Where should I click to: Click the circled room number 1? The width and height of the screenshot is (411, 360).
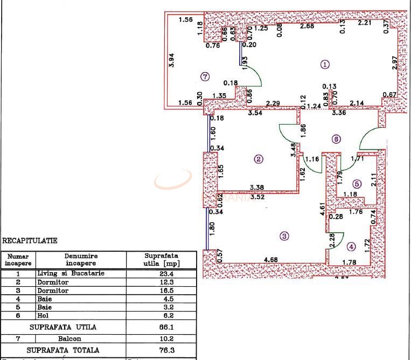tap(325, 64)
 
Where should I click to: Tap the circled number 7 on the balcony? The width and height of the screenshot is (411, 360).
tap(204, 77)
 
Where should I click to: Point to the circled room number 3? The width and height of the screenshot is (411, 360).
tap(284, 236)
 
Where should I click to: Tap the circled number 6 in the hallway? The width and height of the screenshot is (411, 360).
tap(336, 139)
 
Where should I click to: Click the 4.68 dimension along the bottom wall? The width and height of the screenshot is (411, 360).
tap(271, 260)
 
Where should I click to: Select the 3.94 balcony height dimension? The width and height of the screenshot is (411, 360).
tap(172, 59)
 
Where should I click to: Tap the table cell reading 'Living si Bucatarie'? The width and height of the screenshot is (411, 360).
tap(71, 273)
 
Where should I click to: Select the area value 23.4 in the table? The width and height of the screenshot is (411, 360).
tap(162, 273)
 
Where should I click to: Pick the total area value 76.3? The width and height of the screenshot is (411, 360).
tap(162, 350)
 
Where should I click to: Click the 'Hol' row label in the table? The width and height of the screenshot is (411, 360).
tap(41, 315)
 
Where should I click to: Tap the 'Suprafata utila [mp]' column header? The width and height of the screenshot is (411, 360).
tap(162, 259)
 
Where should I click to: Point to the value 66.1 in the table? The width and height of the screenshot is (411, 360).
tap(162, 327)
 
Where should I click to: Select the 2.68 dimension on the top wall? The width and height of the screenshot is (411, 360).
tap(308, 26)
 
